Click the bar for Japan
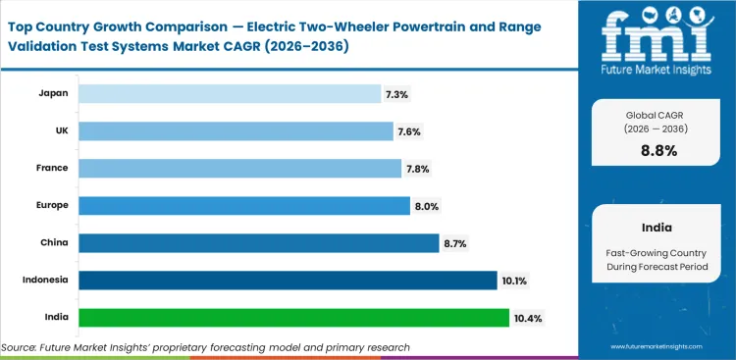(230, 93)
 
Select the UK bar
(236, 130)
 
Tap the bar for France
(239, 168)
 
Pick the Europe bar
(243, 205)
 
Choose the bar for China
(258, 242)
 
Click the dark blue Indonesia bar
(288, 281)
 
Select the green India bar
(293, 318)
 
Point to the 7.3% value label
(398, 93)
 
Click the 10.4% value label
(528, 318)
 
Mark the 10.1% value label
(515, 281)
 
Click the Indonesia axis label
(45, 281)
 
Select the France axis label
(52, 168)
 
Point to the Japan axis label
(53, 93)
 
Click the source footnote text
(205, 347)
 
